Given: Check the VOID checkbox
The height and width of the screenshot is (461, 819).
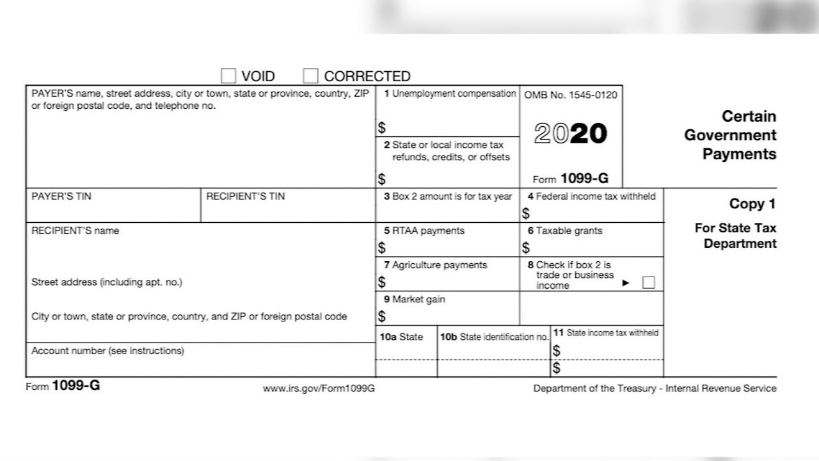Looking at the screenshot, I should pos(228,76).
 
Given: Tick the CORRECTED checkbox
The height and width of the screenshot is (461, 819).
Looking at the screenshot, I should pos(310,76).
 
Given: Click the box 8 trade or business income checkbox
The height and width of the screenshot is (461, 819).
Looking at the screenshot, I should pos(648,282).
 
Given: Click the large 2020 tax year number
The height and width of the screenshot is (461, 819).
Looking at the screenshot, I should pos(570,134).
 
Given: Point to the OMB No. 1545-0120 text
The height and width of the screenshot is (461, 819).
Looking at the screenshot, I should pos(571,95).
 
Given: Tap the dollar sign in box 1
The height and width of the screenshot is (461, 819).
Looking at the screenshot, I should pos(382,128).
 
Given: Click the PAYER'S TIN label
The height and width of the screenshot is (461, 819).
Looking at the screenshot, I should pos(61,197).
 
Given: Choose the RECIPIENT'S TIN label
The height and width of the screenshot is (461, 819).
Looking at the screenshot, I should pos(245,197).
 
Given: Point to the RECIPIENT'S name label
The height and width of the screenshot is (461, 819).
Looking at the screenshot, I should pos(75,230).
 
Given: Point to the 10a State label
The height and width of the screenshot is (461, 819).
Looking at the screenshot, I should pos(401,337).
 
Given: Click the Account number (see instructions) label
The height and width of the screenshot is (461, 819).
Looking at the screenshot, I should pos(107,351).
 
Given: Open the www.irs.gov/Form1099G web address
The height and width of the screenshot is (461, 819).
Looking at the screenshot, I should pos(319,389).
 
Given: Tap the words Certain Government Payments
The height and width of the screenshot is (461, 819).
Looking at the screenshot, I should pos(730,135).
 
